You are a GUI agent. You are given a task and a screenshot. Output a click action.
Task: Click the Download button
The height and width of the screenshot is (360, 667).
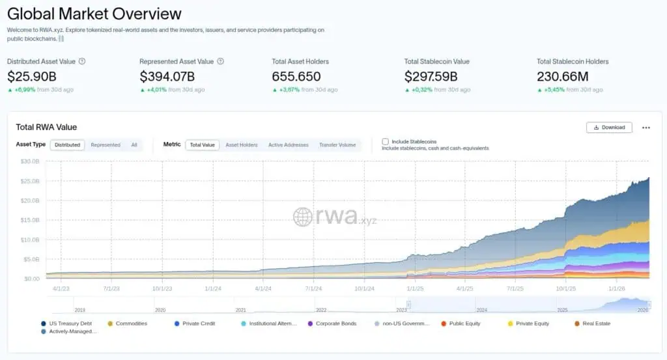tap(609, 128)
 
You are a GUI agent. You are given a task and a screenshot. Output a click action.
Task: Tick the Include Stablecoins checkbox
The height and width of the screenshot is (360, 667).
tap(386, 141)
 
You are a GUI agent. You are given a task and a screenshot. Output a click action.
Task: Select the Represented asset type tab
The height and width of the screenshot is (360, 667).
tap(106, 145)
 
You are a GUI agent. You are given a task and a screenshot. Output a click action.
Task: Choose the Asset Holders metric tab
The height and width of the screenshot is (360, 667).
tap(241, 145)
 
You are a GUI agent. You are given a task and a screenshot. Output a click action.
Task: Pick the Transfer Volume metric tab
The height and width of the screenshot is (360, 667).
tap(337, 145)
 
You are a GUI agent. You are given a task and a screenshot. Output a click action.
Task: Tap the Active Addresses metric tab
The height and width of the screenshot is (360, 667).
tap(288, 145)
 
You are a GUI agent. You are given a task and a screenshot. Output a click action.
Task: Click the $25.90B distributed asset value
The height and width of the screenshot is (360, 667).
tap(32, 76)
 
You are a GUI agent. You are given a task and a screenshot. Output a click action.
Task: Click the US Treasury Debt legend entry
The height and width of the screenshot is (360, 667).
tap(70, 324)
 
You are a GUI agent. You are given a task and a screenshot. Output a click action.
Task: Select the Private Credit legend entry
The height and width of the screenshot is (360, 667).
tap(199, 324)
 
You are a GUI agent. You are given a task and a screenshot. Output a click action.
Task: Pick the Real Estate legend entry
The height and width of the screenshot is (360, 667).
tap(597, 324)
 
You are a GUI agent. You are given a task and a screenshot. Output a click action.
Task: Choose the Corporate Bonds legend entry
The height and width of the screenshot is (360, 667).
tap(335, 324)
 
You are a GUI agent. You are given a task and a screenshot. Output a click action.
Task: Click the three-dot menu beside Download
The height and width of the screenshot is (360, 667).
tap(646, 128)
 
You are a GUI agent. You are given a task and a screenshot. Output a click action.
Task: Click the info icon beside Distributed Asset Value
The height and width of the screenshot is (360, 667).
tap(82, 62)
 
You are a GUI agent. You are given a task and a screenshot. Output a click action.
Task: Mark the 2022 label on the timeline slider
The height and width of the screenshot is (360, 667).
tap(321, 311)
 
